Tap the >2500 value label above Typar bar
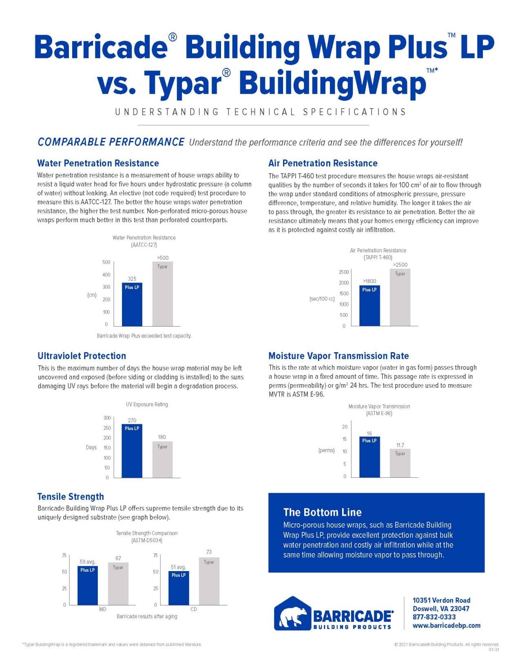tap(400, 265)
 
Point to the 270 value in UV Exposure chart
tap(132, 420)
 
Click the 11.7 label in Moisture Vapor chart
tap(400, 445)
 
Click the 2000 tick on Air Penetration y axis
tap(344, 283)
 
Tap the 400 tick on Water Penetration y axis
tap(106, 275)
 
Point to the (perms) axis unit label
tap(326, 450)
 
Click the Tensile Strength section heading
tap(71, 497)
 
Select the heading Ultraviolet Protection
tap(82, 356)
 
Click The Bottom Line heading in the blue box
tap(322, 512)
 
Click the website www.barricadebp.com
tap(446, 625)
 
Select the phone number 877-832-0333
tap(434, 617)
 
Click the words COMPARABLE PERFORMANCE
tap(111, 142)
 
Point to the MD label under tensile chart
tap(102, 609)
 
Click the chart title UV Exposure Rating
tap(147, 404)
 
